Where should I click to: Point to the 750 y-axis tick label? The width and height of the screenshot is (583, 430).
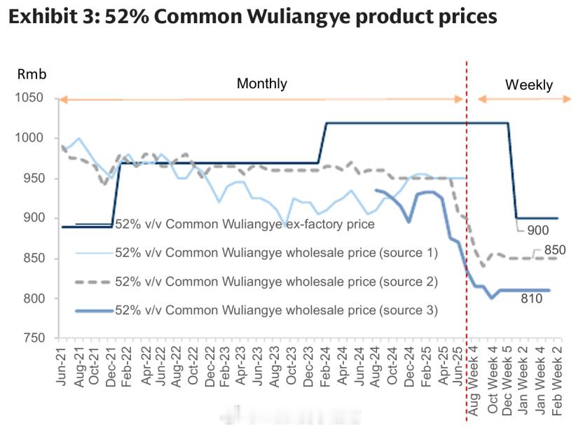click(33, 339)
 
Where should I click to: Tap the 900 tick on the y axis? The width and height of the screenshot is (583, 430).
click(33, 219)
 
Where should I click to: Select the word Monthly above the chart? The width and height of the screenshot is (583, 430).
click(261, 84)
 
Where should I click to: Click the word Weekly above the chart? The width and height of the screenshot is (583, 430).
click(529, 85)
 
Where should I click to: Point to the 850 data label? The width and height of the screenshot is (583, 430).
click(554, 250)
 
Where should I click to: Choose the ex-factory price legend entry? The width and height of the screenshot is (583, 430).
click(245, 225)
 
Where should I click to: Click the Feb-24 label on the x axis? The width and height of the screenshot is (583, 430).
click(326, 368)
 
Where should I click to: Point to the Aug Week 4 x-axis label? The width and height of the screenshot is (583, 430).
click(474, 382)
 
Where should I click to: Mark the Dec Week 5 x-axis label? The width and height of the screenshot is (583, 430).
click(507, 382)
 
